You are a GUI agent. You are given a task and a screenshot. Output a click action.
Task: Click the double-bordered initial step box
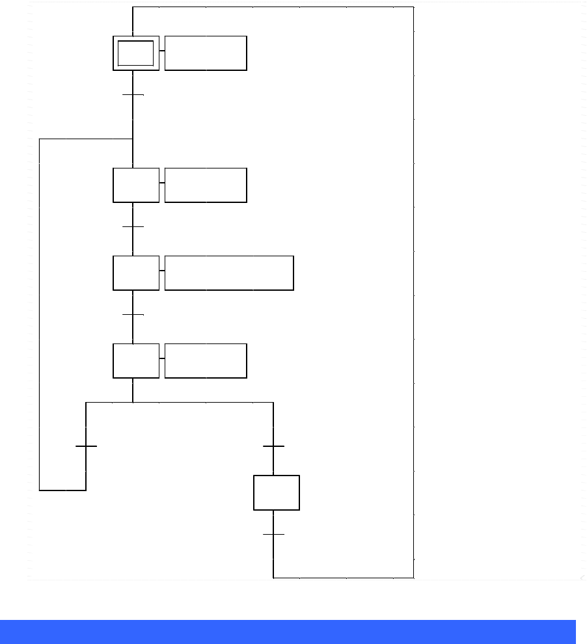pos(136,53)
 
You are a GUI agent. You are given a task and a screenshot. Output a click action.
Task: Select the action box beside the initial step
pos(206,53)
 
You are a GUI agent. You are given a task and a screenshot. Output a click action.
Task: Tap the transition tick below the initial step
pos(133,95)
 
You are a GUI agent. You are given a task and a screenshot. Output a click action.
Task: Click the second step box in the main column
pos(136,185)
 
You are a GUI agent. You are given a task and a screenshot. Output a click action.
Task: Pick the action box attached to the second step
pos(206,185)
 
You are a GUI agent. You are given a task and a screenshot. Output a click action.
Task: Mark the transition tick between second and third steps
pos(133,227)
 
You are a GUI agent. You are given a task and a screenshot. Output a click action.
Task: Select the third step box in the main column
pos(136,273)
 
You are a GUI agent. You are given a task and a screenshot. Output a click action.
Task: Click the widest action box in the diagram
pos(229,273)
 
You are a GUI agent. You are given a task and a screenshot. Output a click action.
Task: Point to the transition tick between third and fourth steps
pos(133,315)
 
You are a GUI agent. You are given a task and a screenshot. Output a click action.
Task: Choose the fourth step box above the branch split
pos(136,361)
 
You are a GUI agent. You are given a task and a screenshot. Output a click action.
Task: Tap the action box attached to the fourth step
pos(206,361)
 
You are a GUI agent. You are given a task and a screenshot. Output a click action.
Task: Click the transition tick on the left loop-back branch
pos(86,446)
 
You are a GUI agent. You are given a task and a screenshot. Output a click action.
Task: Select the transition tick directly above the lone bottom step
pos(273,446)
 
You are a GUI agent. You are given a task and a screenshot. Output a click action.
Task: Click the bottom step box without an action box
pos(277,492)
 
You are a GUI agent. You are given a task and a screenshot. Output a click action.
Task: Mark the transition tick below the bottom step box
pos(273,535)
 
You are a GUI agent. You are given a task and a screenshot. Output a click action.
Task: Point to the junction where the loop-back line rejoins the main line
pos(133,139)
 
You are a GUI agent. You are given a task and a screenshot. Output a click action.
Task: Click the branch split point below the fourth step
pos(133,403)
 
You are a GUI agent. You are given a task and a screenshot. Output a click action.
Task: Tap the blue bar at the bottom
pos(288,632)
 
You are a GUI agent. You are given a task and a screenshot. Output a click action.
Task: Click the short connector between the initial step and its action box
pos(162,51)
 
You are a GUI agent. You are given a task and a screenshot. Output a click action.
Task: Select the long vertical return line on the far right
pos(414,293)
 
